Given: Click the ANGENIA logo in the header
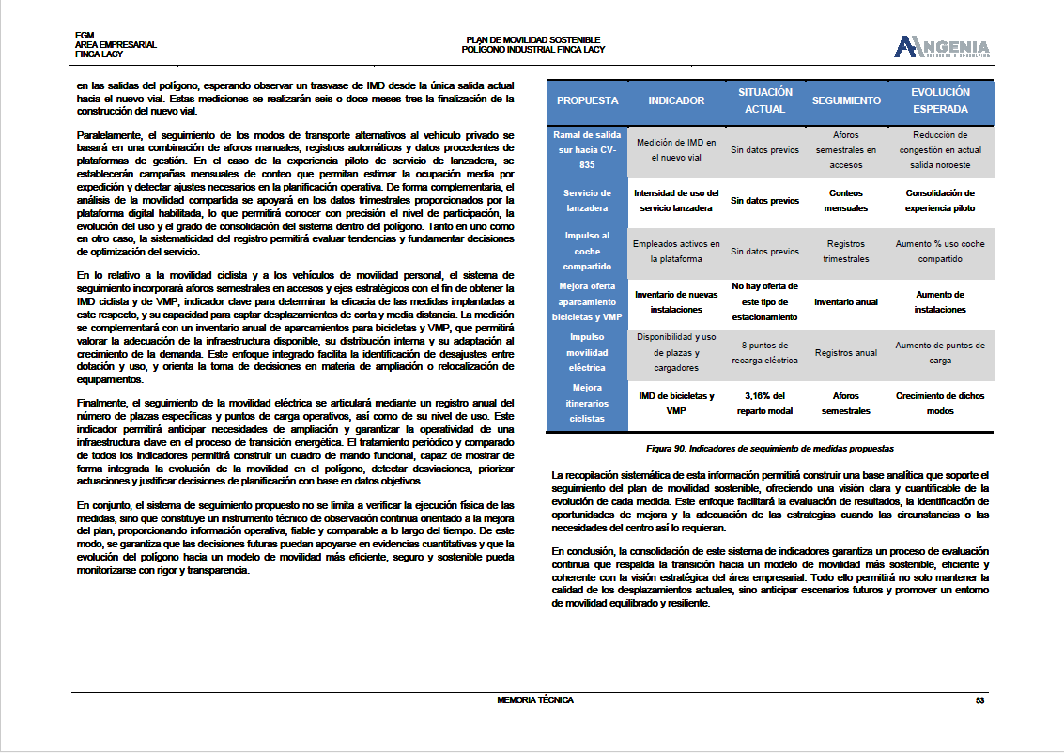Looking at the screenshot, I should pos(942,47).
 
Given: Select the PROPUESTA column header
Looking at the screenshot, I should pos(587,100).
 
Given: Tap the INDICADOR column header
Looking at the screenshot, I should pos(676,100).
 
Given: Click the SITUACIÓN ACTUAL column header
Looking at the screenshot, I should pos(764,100).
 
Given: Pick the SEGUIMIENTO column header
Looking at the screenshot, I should pos(846,100).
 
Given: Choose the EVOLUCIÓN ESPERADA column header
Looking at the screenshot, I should pos(940,100).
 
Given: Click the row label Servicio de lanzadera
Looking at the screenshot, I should pos(587,201).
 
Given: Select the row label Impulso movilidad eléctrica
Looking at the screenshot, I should pos(587,353).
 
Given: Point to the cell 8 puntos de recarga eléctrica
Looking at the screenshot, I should pos(764,353).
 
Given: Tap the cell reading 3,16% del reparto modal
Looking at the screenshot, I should pos(764,404).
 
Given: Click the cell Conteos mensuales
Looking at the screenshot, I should pos(846,201).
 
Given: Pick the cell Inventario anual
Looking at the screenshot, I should pos(846,302).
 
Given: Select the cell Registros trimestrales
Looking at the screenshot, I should pos(846,252).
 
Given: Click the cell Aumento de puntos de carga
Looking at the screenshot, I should pos(940,353).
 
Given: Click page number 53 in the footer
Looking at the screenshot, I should pos(979,700).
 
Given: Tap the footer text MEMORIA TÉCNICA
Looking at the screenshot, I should pos(535,700).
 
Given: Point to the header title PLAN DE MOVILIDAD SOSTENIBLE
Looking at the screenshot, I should pos(532,39).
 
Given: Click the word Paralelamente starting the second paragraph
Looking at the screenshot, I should pos(106,136).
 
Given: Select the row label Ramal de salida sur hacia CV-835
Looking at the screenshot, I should pos(587,150).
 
